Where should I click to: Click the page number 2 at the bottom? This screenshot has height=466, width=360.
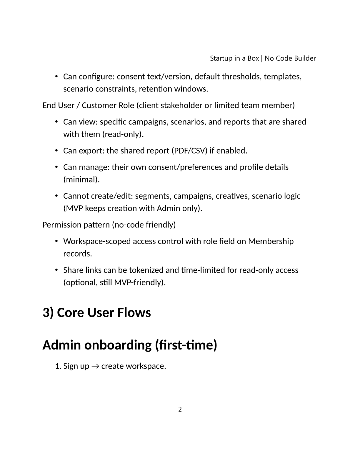[180, 409]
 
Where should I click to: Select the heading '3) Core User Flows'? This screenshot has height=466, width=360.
[97, 312]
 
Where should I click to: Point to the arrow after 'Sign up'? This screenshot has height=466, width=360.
[95, 366]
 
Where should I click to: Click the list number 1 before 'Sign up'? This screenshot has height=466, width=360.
[58, 366]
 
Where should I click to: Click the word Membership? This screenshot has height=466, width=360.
[271, 241]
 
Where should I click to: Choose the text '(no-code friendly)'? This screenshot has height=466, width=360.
[144, 225]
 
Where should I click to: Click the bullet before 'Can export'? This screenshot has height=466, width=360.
[56, 151]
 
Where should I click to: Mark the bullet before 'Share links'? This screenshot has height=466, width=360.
[56, 270]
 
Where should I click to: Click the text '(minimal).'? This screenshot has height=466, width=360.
[81, 179]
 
